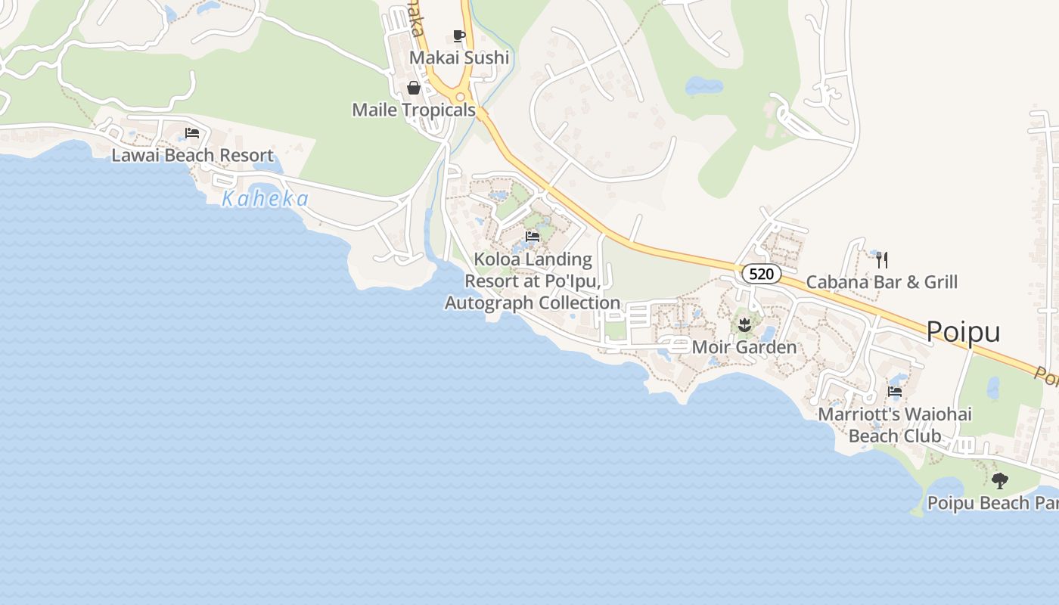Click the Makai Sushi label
pos(459,58)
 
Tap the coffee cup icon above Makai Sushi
pos(458,36)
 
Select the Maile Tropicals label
pos(414,110)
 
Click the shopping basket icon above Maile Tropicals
pos(414,88)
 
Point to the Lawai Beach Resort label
pos(192,156)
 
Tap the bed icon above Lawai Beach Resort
pos(192,133)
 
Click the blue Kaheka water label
pos(266,200)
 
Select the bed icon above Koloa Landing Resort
pos(533,237)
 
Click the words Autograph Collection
pos(533,303)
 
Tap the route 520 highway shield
pos(761,274)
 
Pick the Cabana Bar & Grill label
pos(881,283)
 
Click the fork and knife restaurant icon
pos(881,260)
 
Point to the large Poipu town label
pos(963,332)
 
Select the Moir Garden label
pos(744,348)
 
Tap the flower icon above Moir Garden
pos(744,326)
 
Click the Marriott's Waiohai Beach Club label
pos(895,425)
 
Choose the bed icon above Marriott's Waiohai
pos(895,392)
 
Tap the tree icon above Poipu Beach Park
pos(1000,480)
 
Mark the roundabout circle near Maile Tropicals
pos(460,97)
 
